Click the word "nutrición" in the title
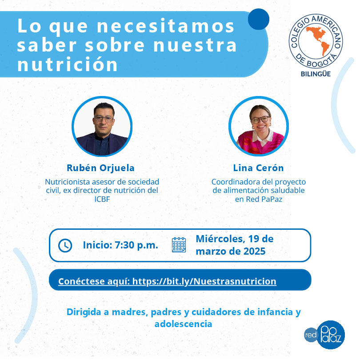point(68,64)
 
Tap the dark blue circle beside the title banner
point(259,19)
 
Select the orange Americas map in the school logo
point(318,40)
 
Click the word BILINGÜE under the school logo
point(316,74)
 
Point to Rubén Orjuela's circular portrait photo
point(102,126)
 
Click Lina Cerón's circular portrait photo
point(259,126)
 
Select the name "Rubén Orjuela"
point(100,168)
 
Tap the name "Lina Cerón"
point(259,168)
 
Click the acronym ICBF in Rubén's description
point(102,199)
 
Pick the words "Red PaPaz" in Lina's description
point(264,199)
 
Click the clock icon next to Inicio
point(65,245)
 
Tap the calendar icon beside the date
point(179,245)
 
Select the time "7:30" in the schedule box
point(124,245)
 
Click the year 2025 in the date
point(254,252)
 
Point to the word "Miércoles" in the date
point(220,239)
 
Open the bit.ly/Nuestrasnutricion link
point(204,281)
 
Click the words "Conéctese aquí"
point(94,281)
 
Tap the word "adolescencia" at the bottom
point(183,324)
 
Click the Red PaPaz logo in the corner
point(324,335)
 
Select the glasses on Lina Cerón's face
point(260,120)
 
